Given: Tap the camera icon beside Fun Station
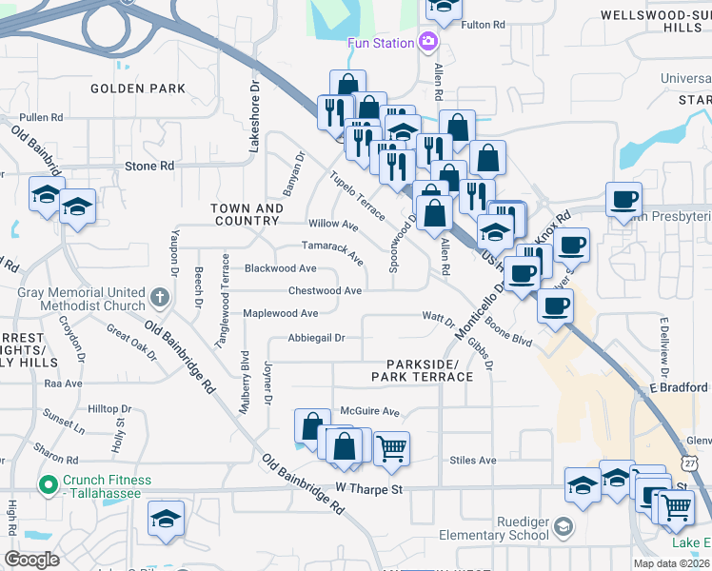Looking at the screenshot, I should tap(428, 42).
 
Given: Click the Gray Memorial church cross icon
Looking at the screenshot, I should tap(159, 298).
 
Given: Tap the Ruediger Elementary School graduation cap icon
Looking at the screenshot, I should tap(564, 527).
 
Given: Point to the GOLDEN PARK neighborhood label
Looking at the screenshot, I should tap(138, 89).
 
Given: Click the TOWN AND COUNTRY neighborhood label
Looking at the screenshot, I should tap(247, 214).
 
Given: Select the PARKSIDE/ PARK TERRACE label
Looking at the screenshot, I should tap(429, 370).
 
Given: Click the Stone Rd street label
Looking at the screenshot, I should tap(149, 166).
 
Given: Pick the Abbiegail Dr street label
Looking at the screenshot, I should tap(316, 338).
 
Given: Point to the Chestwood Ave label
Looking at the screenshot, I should tap(325, 291).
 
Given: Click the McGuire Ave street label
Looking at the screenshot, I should tap(370, 412).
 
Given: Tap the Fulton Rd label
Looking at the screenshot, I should tap(482, 26).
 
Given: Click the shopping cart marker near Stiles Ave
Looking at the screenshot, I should tap(391, 447).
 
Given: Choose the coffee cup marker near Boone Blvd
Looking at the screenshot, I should tap(555, 305).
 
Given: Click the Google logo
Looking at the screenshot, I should tap(31, 560).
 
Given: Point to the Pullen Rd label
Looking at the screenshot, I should tap(41, 118).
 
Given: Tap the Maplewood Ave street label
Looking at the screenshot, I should tap(281, 313).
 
